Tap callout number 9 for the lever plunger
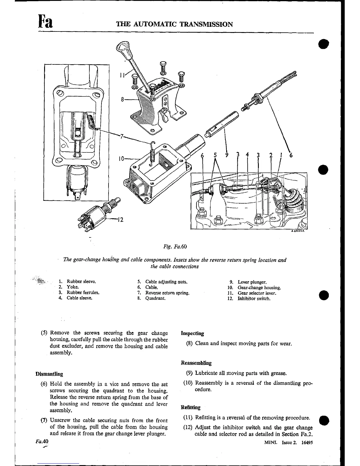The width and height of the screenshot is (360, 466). tap(226, 155)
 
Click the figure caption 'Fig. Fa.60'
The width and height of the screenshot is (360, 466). tap(175, 247)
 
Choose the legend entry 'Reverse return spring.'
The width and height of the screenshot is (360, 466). tap(167, 293)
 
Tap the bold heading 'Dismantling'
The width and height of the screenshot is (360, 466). tap(49, 374)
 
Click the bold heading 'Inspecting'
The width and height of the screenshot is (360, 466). tap(192, 333)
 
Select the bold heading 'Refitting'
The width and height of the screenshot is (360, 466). tap(191, 407)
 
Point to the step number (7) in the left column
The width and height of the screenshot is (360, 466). tap(44, 420)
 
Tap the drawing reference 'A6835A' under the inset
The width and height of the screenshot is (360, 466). tap(298, 231)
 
